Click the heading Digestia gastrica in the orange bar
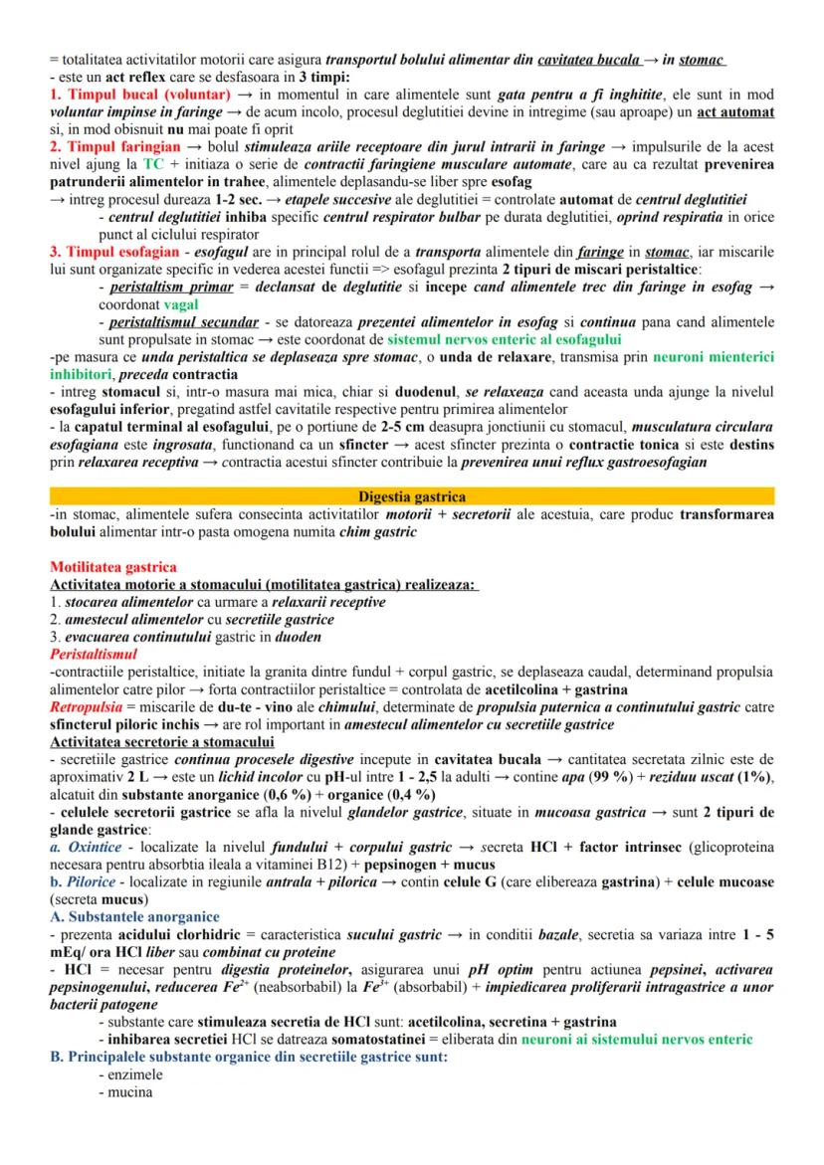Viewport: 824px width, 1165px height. pos(412,496)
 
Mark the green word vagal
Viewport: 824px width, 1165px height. pos(181,303)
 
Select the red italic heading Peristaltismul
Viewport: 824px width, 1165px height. pos(94,654)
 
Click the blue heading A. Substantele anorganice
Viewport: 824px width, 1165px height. pos(134,916)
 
